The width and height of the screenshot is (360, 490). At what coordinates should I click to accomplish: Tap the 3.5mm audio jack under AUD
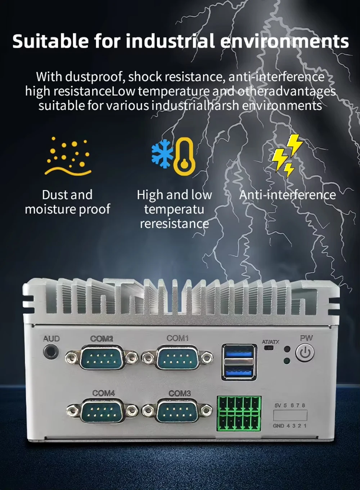pyautogui.click(x=51, y=352)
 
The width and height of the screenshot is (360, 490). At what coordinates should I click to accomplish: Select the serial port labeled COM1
pyautogui.click(x=177, y=358)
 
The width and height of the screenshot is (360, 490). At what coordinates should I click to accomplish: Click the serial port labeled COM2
pyautogui.click(x=102, y=358)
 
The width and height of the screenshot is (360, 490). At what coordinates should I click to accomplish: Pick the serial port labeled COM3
pyautogui.click(x=177, y=411)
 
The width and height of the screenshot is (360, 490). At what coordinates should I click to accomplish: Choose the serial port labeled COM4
pyautogui.click(x=102, y=411)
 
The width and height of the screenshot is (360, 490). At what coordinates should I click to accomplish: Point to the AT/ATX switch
pyautogui.click(x=268, y=348)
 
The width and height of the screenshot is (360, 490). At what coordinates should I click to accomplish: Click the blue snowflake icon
pyautogui.click(x=162, y=154)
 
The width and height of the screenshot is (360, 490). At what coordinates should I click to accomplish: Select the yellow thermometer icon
pyautogui.click(x=184, y=157)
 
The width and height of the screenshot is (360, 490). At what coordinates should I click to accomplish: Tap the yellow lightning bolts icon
pyautogui.click(x=287, y=156)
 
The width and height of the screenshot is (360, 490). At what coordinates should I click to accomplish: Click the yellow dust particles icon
pyautogui.click(x=68, y=156)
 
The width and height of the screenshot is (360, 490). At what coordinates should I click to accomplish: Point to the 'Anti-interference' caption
pyautogui.click(x=287, y=195)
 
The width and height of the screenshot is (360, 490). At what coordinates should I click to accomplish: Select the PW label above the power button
pyautogui.click(x=306, y=338)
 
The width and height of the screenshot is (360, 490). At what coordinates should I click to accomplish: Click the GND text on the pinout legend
pyautogui.click(x=278, y=426)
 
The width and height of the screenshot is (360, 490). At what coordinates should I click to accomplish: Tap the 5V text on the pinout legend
pyautogui.click(x=278, y=405)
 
